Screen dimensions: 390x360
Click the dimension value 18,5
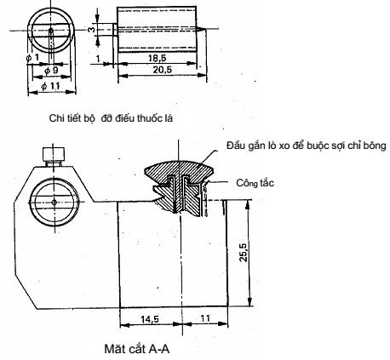tap(157, 58)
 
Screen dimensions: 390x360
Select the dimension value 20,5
tap(163, 70)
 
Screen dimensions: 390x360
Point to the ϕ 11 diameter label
tap(50, 86)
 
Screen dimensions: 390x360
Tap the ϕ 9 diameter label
tap(51, 71)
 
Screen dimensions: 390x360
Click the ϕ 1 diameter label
tap(32, 58)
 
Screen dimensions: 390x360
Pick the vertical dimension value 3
tap(91, 30)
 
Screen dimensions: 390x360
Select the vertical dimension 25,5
tap(244, 252)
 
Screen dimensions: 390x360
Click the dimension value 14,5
tap(150, 319)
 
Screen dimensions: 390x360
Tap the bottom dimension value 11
tap(205, 318)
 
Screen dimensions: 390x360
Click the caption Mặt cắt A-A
tap(137, 349)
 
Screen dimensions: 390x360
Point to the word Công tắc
tap(255, 183)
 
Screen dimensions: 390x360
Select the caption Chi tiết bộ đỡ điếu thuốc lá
tap(111, 118)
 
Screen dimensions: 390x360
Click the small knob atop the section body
tap(54, 155)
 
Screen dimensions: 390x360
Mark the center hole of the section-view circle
tap(54, 202)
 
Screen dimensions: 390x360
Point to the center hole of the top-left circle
tap(51, 30)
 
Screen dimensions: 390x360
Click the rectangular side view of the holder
tap(157, 30)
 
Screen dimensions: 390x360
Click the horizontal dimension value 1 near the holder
tap(98, 59)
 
